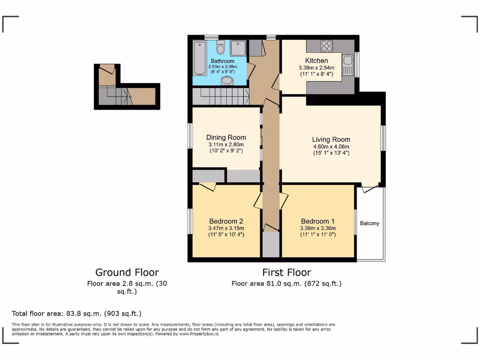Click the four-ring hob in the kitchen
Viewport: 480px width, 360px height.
tap(327, 46)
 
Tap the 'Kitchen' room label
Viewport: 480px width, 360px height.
tap(316, 61)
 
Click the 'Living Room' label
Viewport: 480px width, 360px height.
tap(331, 139)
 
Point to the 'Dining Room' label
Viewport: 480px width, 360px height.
tap(226, 137)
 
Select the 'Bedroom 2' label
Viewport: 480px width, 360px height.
tap(226, 221)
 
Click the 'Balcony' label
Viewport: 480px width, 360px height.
tap(369, 223)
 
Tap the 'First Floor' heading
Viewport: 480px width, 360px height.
tap(286, 272)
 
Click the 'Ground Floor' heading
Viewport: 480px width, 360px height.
tap(127, 272)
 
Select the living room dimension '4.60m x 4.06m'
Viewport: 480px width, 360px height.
tap(331, 146)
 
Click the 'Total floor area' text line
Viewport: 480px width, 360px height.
tap(76, 314)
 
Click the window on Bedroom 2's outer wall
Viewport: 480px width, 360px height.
tap(190, 221)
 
